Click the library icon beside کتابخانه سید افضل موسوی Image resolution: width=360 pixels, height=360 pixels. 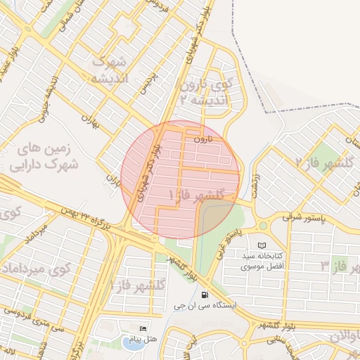(262, 245)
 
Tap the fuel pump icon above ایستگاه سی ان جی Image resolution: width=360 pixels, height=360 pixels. (204, 295)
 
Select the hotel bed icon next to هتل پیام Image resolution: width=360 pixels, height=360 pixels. (143, 328)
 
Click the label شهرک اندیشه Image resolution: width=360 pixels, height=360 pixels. (108, 69)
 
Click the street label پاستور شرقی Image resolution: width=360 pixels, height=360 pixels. (306, 217)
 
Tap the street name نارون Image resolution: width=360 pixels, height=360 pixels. (204, 139)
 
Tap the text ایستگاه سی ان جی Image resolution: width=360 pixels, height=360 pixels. (207, 307)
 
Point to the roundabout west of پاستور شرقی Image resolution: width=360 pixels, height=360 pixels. (264, 226)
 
